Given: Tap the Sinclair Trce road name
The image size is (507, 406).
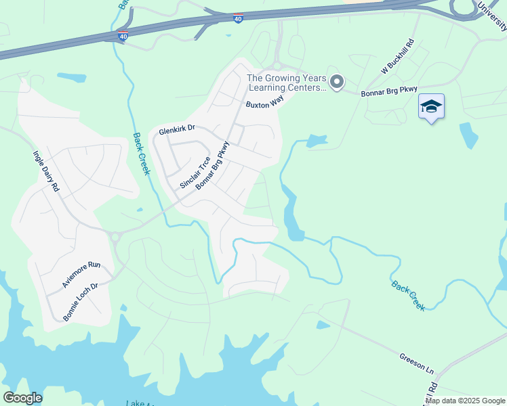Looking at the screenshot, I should point(195,173).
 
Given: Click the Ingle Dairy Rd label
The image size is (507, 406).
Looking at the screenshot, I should point(47,172).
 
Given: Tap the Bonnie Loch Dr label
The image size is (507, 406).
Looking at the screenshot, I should point(81,302).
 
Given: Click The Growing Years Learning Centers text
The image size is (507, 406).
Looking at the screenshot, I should point(286,83).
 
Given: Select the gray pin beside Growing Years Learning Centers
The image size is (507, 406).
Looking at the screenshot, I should point(337,82).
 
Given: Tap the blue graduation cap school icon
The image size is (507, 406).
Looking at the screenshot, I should point(431,107).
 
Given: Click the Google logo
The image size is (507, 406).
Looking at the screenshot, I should point(22,398).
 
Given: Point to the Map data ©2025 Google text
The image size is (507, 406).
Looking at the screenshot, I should point(466,401).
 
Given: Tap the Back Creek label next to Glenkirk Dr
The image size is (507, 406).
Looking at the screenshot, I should point(141,154).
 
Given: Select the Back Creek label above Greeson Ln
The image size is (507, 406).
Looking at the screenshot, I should point(409,296).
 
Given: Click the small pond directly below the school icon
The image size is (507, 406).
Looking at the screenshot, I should point(468,135).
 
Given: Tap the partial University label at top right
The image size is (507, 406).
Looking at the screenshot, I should point(492,16).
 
